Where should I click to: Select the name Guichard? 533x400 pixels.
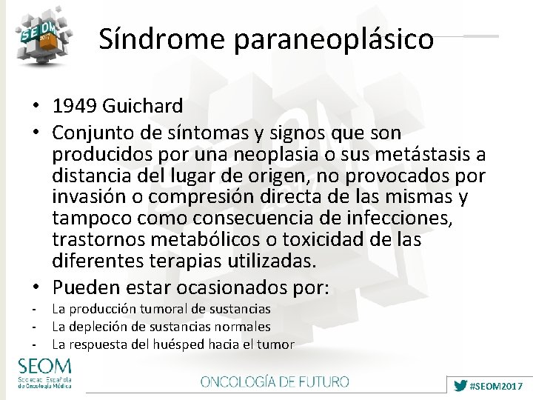(141, 111)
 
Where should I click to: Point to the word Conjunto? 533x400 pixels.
(95, 133)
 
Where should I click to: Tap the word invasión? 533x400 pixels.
(93, 198)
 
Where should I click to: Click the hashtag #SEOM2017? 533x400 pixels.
(497, 386)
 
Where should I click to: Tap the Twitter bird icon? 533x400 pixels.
(460, 386)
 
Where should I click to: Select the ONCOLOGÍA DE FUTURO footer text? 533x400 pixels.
(275, 382)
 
